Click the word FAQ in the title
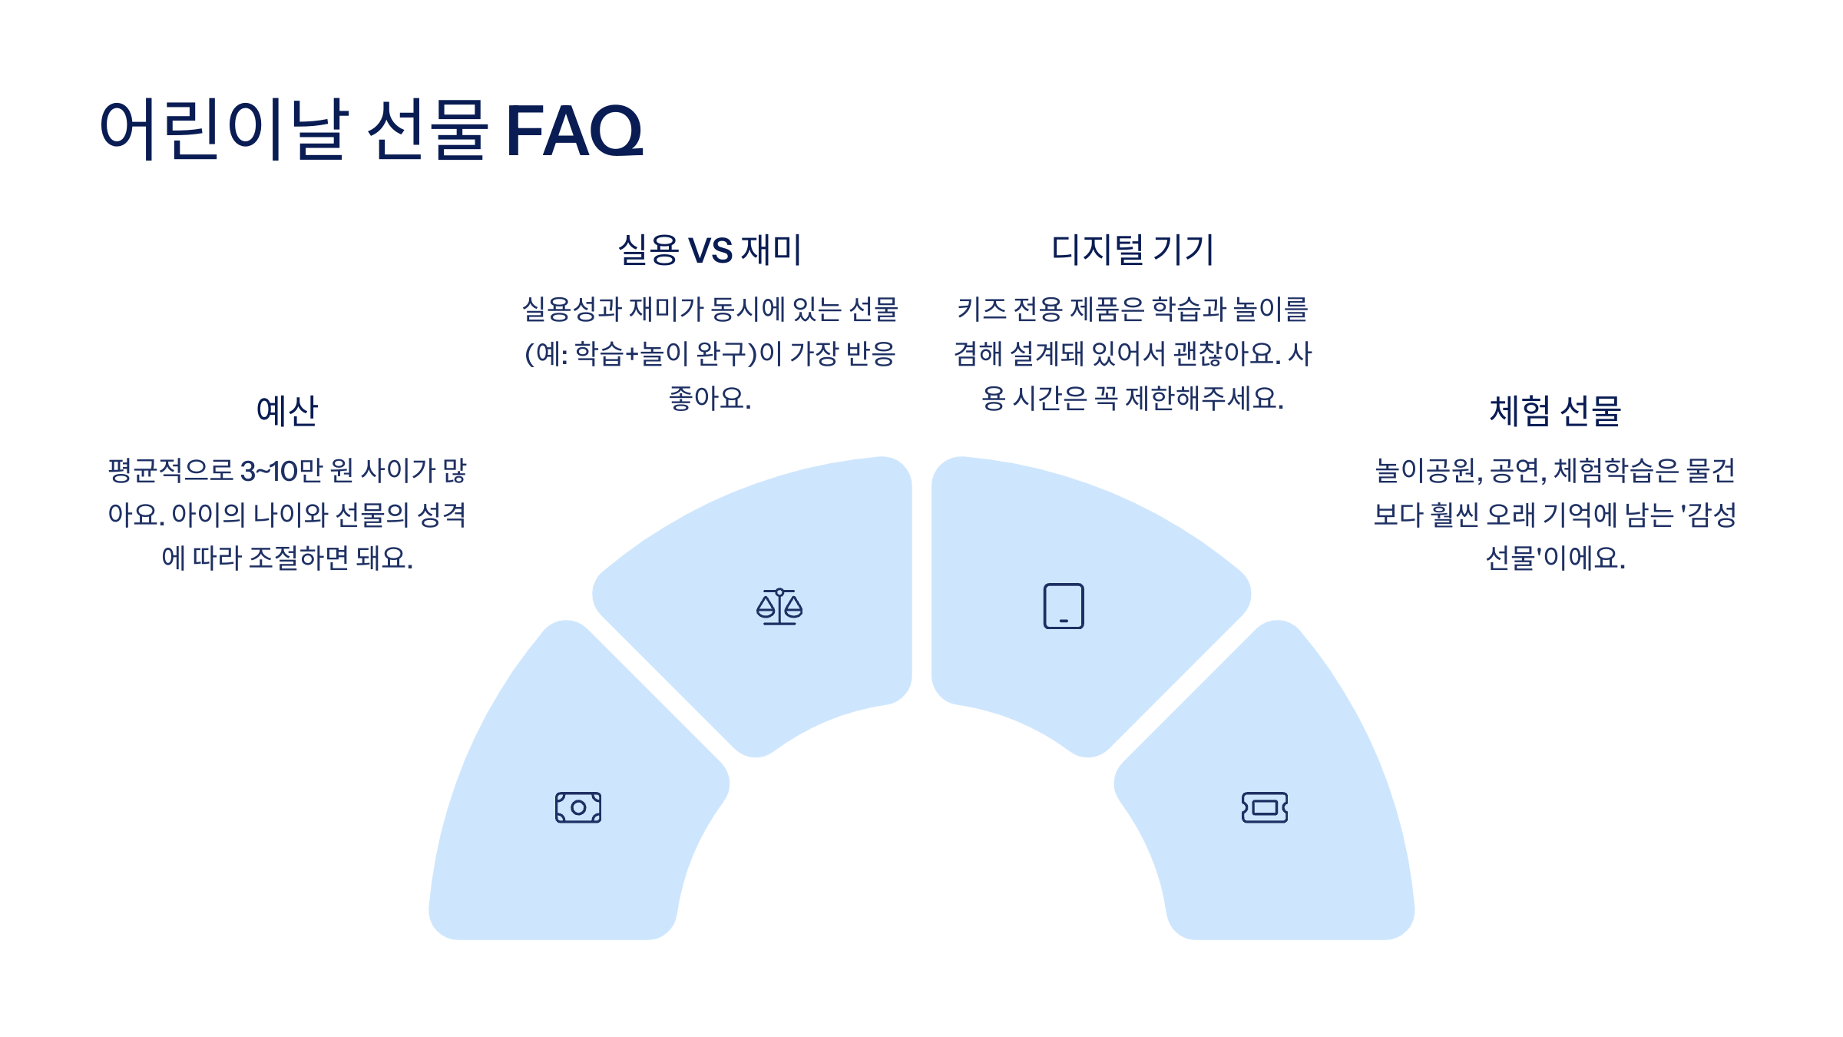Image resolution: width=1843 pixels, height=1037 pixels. [x=574, y=131]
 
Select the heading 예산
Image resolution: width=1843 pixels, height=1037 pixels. [x=286, y=410]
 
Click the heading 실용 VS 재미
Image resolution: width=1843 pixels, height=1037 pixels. [x=710, y=250]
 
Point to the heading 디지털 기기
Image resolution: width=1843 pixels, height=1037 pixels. [x=1132, y=250]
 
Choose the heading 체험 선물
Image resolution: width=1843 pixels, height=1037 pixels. [x=1555, y=410]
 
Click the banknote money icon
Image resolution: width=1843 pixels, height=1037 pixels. [x=578, y=807]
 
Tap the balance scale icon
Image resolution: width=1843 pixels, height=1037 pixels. [x=779, y=606]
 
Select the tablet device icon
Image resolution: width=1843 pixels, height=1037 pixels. [x=1064, y=606]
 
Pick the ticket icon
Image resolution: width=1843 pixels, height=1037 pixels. [x=1265, y=807]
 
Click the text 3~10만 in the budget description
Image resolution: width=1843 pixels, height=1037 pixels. [x=281, y=470]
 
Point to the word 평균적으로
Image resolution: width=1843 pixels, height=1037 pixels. [x=170, y=470]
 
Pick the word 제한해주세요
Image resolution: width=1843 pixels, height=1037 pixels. [x=1203, y=398]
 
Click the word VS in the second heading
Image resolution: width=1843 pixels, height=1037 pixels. [x=710, y=250]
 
